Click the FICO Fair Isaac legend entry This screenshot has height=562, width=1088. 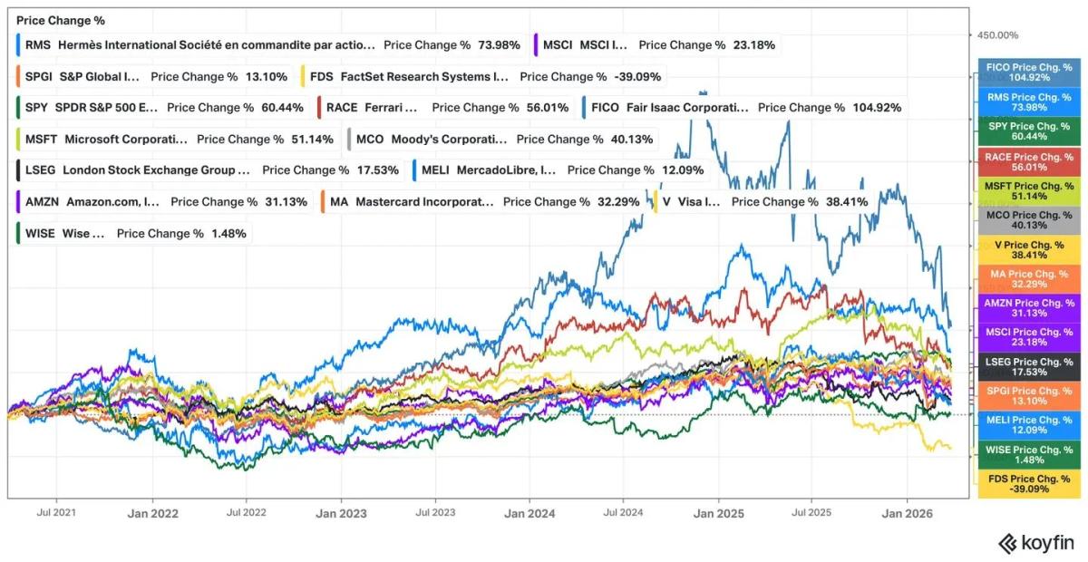745,107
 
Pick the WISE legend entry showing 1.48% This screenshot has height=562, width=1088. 132,233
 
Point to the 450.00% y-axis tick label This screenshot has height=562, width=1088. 997,35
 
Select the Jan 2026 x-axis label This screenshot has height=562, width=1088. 909,513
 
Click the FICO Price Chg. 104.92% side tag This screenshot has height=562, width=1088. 1028,73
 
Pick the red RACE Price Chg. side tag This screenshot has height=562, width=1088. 1028,161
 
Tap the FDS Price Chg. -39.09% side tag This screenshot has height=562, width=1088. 1028,484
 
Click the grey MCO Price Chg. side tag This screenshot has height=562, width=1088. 1028,220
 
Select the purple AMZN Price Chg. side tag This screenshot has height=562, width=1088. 1028,308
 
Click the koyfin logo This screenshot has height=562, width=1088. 1035,543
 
